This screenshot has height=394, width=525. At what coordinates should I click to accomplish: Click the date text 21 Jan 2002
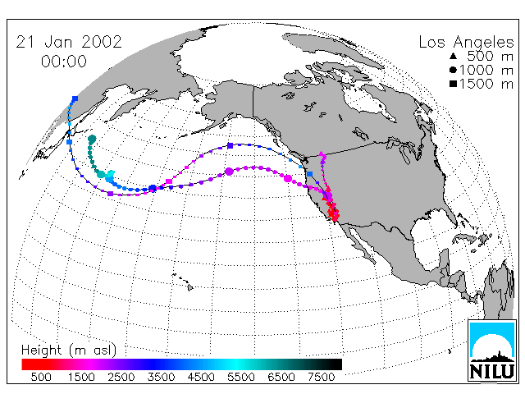pos(69,42)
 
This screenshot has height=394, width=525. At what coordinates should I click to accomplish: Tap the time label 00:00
pos(64,62)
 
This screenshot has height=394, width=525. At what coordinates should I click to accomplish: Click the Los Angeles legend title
pos(466,43)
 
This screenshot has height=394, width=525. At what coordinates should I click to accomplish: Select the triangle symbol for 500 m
pos(454,56)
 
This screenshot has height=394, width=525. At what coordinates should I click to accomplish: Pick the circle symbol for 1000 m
pos(454,70)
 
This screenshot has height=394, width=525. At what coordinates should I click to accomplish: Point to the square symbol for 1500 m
pos(454,84)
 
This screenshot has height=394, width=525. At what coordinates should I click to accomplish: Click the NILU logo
pos(492,350)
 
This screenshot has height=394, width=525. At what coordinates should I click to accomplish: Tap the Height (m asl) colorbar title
pos(69,350)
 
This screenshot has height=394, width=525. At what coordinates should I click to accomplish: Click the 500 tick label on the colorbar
pos(41,377)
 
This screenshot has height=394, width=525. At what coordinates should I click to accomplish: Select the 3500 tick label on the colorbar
pos(161,377)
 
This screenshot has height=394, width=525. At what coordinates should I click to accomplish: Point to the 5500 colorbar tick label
pos(240,377)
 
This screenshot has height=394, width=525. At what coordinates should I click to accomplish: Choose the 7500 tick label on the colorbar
pos(321,377)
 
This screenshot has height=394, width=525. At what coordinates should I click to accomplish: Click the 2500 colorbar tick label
pos(121,377)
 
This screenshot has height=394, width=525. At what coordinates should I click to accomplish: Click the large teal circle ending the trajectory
pos(92,139)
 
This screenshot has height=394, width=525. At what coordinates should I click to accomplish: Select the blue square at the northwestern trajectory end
pos(75,98)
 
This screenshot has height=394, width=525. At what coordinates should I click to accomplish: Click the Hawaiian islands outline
pos(183,282)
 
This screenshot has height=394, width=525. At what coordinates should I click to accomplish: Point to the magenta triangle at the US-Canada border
pos(321,153)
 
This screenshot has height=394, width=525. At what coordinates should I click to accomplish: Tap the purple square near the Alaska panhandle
pos(230,146)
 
